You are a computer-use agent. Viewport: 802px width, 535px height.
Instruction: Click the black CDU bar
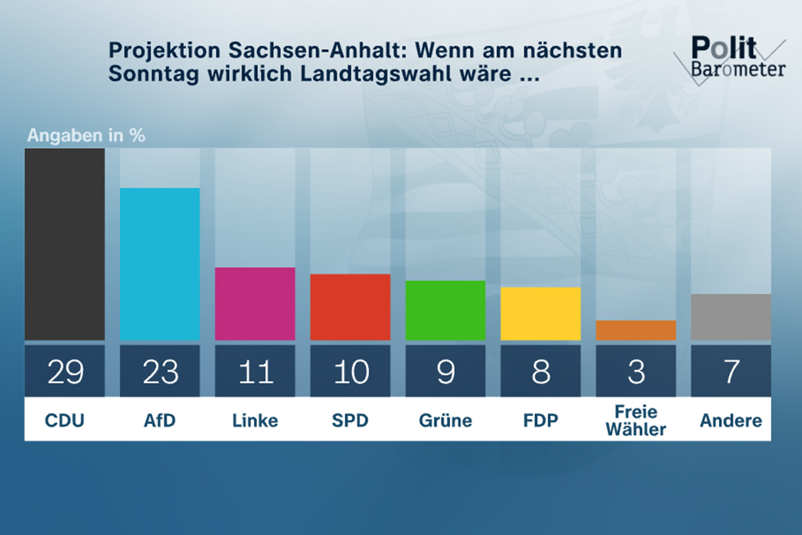pyautogui.click(x=65, y=244)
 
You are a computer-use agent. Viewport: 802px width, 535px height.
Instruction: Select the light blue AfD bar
pyautogui.click(x=160, y=264)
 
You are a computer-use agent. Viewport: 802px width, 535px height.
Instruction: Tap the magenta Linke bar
pyautogui.click(x=255, y=303)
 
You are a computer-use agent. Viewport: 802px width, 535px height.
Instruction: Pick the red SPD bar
pyautogui.click(x=350, y=307)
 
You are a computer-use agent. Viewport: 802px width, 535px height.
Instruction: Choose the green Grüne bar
pyautogui.click(x=445, y=310)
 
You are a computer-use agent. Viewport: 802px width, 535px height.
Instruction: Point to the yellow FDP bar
pyautogui.click(x=541, y=314)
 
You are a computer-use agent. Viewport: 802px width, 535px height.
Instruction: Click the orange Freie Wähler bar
pyautogui.click(x=636, y=330)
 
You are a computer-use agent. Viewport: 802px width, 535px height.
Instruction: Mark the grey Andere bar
pyautogui.click(x=731, y=317)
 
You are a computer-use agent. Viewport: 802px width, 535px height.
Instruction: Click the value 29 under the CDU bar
pyautogui.click(x=65, y=371)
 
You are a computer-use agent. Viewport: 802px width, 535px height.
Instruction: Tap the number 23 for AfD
pyautogui.click(x=160, y=371)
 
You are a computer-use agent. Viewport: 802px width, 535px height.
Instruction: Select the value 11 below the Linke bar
pyautogui.click(x=256, y=371)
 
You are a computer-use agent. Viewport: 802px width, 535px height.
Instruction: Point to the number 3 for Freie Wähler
pyautogui.click(x=636, y=371)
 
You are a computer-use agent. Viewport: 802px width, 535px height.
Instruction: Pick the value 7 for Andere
pyautogui.click(x=731, y=371)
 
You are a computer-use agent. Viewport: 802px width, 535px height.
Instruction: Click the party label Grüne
pyautogui.click(x=445, y=421)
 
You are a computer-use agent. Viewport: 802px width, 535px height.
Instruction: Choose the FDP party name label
pyautogui.click(x=541, y=421)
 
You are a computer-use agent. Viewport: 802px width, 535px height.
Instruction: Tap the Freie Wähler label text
pyautogui.click(x=636, y=421)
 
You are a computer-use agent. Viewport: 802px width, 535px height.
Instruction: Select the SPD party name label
pyautogui.click(x=350, y=421)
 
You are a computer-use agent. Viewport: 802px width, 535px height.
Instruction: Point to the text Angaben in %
pyautogui.click(x=86, y=135)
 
